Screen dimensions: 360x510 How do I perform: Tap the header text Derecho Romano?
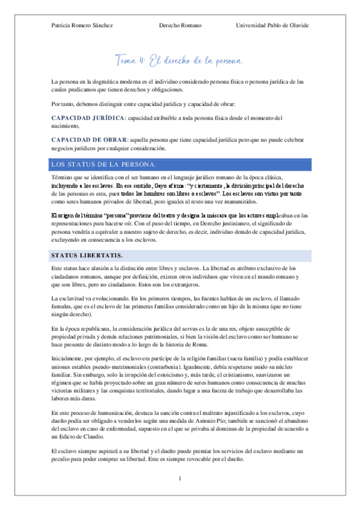[180, 25]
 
